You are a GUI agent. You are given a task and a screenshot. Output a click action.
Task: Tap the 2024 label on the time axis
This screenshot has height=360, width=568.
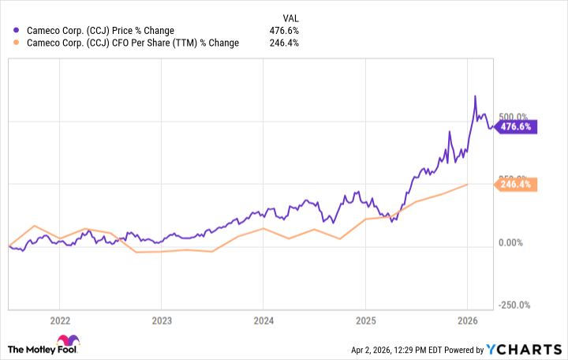click(263, 321)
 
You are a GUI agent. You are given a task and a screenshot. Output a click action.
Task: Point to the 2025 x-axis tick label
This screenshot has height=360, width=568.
click(365, 321)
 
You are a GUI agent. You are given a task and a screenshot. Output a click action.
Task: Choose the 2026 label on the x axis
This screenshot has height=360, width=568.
click(468, 321)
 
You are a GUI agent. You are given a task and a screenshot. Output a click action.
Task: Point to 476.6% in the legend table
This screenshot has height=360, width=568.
click(285, 31)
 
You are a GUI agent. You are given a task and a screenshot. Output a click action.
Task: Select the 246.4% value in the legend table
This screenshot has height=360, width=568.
click(285, 43)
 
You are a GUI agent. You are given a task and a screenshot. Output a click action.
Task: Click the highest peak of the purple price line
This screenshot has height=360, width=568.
click(475, 96)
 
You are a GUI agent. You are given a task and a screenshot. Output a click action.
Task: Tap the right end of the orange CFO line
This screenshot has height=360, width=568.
click(467, 184)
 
